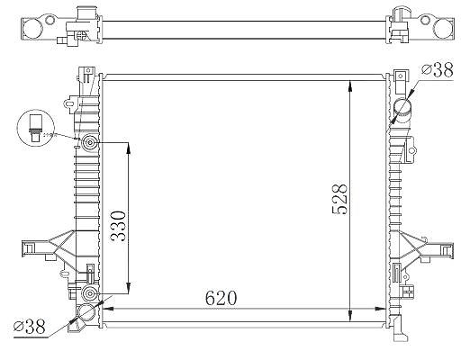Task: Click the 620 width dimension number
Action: [221, 298]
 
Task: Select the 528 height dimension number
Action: [339, 199]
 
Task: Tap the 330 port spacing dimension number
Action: [118, 227]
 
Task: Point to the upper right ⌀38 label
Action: [437, 71]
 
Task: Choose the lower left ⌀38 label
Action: [30, 327]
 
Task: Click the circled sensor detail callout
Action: [36, 128]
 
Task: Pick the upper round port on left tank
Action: [89, 142]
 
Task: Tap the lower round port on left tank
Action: [89, 293]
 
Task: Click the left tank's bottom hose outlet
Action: [86, 313]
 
